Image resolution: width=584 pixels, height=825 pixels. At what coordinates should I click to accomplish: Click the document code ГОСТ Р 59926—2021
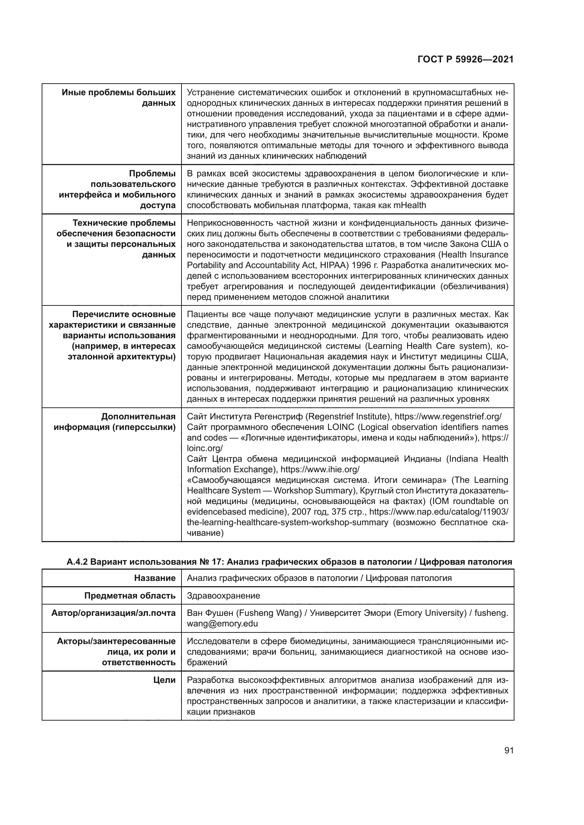[x=465, y=60]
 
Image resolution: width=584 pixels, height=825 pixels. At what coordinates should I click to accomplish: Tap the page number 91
[x=508, y=750]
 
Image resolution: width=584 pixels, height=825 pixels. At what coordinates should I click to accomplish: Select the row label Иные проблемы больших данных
[x=119, y=98]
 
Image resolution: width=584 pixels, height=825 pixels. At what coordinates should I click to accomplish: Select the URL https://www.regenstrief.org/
[x=448, y=417]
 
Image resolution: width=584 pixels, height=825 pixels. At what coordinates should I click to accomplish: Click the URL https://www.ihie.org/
[x=320, y=469]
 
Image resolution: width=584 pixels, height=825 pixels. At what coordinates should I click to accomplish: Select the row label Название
[x=155, y=578]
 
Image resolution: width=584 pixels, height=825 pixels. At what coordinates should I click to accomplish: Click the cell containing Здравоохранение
[x=223, y=595]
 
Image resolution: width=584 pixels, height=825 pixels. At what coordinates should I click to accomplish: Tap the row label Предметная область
[x=130, y=595]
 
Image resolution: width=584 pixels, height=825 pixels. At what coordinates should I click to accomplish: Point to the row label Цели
[x=164, y=680]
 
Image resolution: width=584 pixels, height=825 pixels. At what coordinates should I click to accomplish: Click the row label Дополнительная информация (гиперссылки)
[x=115, y=422]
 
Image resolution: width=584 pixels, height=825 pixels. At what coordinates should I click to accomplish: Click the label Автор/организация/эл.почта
[x=113, y=613]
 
